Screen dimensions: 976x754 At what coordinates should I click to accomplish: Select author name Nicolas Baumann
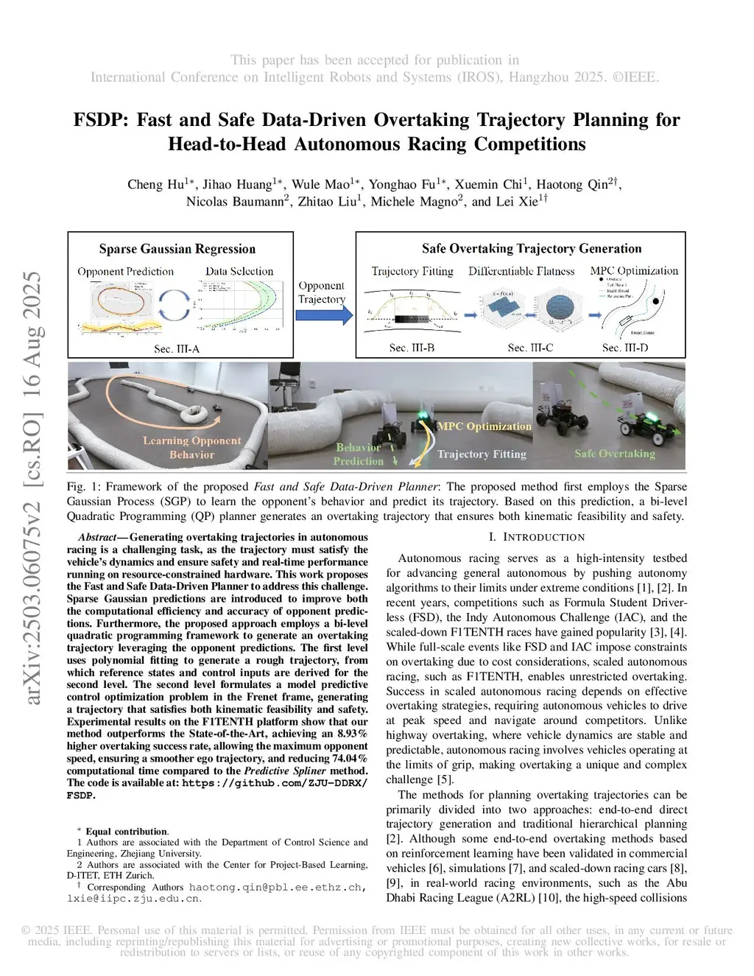pyautogui.click(x=237, y=202)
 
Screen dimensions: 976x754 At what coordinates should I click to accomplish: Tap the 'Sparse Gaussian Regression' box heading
pyautogui.click(x=177, y=249)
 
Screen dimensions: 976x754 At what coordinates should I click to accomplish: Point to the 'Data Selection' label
pyautogui.click(x=239, y=271)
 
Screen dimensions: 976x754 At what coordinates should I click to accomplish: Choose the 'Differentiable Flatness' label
pyautogui.click(x=521, y=271)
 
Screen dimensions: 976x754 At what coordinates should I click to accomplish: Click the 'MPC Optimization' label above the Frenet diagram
pyautogui.click(x=634, y=270)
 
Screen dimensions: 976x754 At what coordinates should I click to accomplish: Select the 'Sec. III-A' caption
pyautogui.click(x=177, y=348)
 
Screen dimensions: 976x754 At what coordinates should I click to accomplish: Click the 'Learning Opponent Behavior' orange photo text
pyautogui.click(x=191, y=447)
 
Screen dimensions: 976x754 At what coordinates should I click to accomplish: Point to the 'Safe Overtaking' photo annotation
pyautogui.click(x=615, y=454)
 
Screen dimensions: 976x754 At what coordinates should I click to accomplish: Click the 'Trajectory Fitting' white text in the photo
pyautogui.click(x=482, y=454)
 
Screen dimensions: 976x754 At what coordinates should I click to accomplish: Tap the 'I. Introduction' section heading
pyautogui.click(x=536, y=537)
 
